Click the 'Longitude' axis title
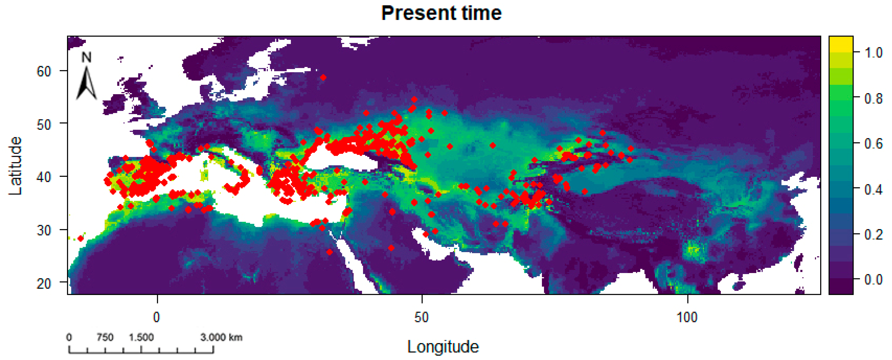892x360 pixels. pos(443,347)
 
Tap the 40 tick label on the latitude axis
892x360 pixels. pos(44,177)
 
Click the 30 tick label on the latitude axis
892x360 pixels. pos(44,230)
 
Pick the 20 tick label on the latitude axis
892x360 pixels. pos(44,283)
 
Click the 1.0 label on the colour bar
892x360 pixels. pos(873,53)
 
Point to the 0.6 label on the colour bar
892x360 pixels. pos(873,143)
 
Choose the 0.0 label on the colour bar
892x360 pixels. pos(873,279)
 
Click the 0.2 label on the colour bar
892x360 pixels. pos(873,234)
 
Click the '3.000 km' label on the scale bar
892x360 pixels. pos(221,337)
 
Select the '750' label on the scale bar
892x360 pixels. pos(105,337)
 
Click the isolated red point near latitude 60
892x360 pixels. pos(323,77)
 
